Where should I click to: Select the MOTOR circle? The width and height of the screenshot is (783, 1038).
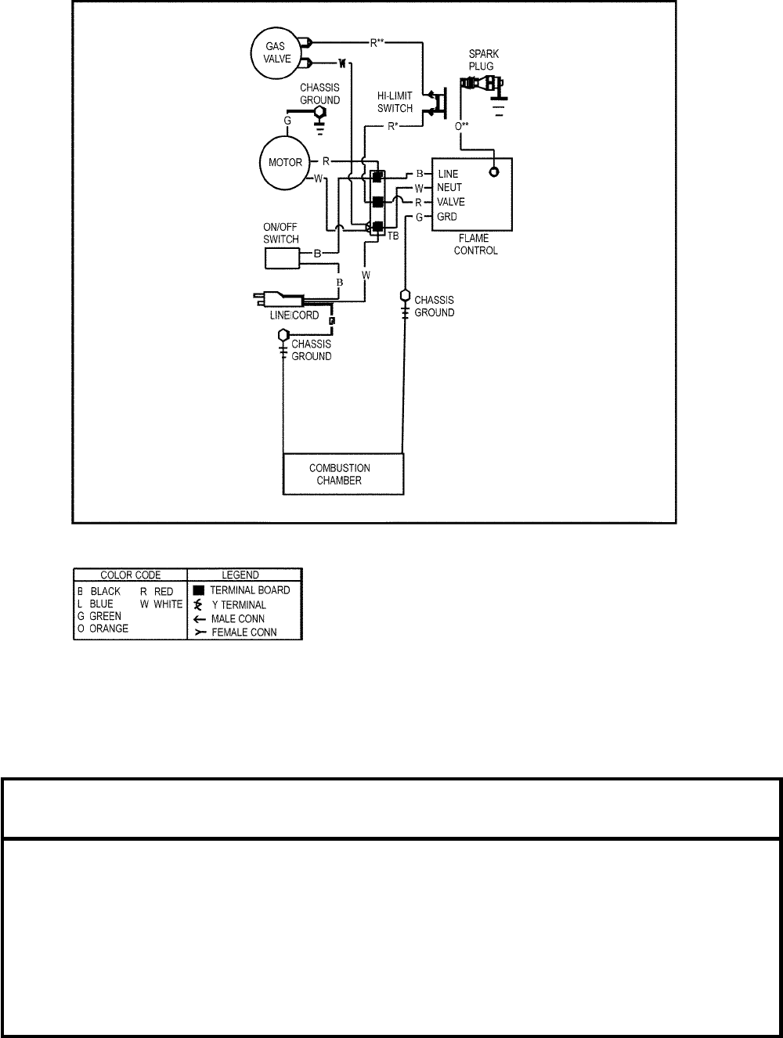(285, 163)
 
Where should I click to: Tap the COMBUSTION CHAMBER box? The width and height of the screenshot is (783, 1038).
(344, 474)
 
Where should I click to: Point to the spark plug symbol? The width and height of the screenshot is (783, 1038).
(483, 85)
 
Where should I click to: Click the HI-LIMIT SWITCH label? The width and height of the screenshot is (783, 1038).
(395, 103)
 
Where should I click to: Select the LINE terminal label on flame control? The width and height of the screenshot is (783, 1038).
(449, 174)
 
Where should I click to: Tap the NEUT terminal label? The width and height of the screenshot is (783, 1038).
(449, 188)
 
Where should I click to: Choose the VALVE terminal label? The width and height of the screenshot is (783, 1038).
(451, 202)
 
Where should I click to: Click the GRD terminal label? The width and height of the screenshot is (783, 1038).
(447, 217)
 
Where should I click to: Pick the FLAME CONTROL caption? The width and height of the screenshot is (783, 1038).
(475, 245)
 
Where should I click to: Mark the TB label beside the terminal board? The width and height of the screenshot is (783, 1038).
(393, 236)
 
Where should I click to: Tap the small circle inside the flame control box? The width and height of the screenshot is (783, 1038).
(495, 172)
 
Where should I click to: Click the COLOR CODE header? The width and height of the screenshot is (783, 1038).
(130, 575)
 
